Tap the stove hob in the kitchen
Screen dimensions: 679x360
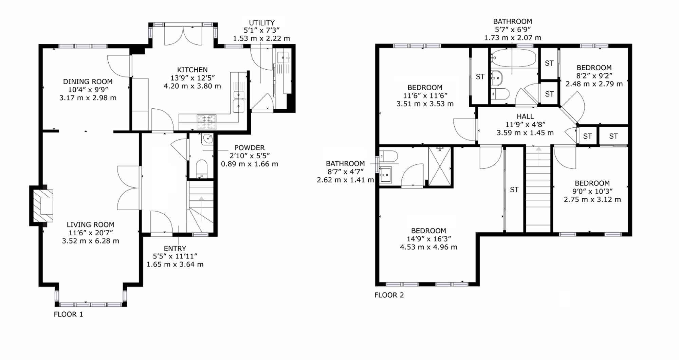point(206,122)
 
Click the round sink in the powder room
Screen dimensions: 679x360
point(207,139)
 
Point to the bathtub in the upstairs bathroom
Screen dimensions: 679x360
point(514,58)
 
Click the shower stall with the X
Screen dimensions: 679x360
point(440,166)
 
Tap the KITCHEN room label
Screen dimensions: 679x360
point(192,70)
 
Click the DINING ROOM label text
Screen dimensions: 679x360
point(88,82)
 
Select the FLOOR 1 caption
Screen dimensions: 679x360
point(68,314)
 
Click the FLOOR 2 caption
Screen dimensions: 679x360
point(389,295)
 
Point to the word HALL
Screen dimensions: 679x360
point(525,116)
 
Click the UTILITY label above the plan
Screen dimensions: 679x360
point(262,23)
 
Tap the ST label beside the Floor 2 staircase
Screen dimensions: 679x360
point(514,190)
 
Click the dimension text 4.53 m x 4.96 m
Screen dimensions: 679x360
point(428,247)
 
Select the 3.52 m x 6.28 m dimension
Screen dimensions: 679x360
point(90,241)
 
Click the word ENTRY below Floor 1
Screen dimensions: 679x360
point(175,248)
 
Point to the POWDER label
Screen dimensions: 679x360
point(250,148)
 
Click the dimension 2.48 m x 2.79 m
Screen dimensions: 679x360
point(594,84)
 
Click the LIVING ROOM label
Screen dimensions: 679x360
point(90,224)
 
